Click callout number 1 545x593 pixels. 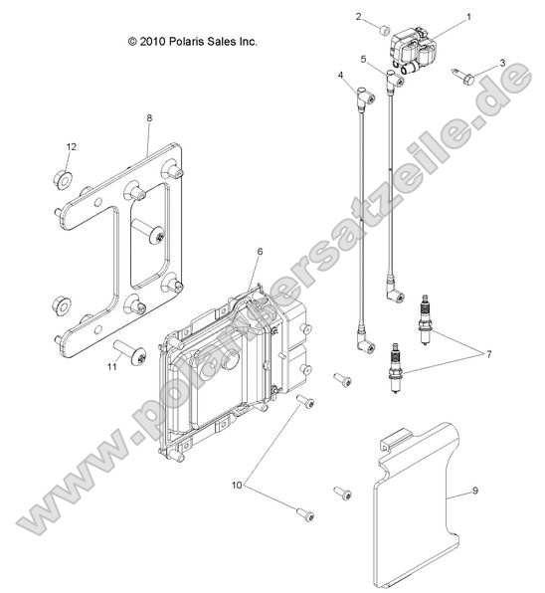point(469,17)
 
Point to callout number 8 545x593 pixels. point(149,118)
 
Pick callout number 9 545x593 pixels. point(474,490)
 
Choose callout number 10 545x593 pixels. point(237,485)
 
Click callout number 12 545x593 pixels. point(71,147)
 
